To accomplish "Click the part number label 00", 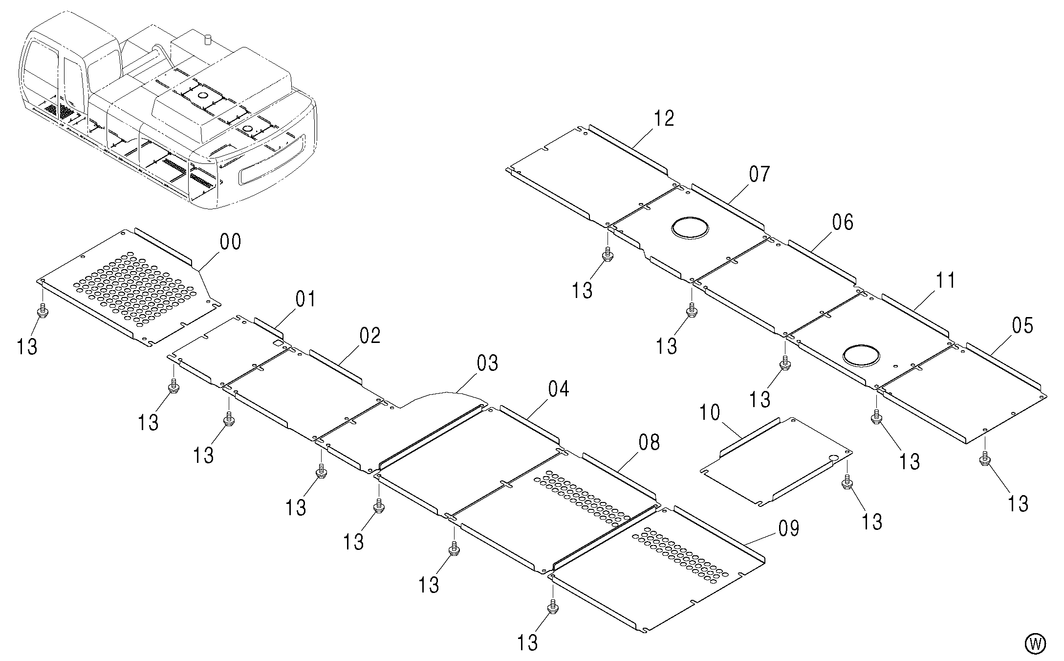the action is click(231, 242).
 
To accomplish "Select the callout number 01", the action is click(305, 298).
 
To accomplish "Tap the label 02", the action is click(370, 336).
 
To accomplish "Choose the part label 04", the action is click(559, 389).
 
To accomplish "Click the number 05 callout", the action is click(1023, 326).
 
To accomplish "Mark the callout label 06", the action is click(843, 223).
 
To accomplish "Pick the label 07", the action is click(760, 174).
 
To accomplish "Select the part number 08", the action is click(649, 442).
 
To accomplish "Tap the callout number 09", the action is click(788, 528).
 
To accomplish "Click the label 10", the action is click(709, 412).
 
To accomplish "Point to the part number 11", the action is click(946, 281).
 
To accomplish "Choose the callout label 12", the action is click(664, 118).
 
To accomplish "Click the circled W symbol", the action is click(1035, 643).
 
